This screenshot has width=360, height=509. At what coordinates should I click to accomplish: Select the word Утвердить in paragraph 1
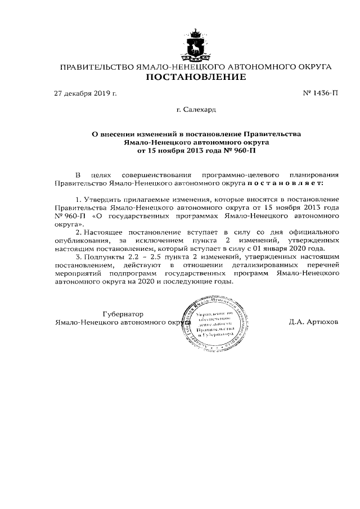tap(102, 200)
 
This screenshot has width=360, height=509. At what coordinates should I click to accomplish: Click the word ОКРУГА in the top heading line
tap(312, 67)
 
